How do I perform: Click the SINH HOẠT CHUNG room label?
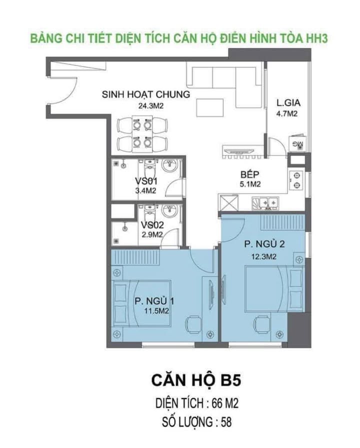tap(145, 95)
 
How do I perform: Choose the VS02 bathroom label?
tap(151, 225)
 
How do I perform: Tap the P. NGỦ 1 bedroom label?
tap(153, 301)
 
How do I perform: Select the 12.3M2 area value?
tap(265, 257)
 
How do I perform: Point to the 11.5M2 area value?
tap(155, 311)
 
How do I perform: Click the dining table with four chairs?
tap(140, 133)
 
